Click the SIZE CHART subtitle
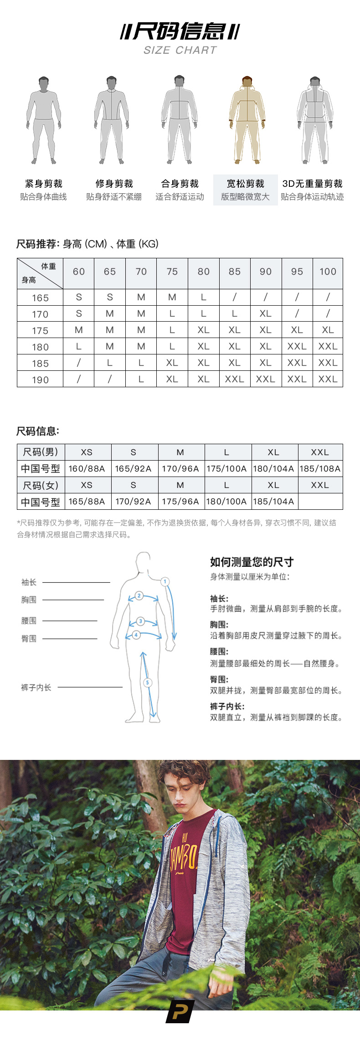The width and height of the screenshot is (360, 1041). pos(180,50)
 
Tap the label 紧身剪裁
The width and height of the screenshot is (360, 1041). pos(44,184)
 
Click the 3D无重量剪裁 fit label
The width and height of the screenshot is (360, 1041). pos(312,184)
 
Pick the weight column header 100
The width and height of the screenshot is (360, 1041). pos(328,272)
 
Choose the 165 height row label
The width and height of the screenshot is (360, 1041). pos(40,298)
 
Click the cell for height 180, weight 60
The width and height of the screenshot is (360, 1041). pos(79,347)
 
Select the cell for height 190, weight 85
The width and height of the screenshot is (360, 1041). pos(235,379)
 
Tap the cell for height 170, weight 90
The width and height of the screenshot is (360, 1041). pos(266,314)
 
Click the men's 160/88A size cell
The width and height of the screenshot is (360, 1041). pos(87,469)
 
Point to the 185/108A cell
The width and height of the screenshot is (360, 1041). pos(320,469)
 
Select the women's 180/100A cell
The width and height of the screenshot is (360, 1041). pos(226,502)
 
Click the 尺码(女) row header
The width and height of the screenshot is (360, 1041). pos(41,485)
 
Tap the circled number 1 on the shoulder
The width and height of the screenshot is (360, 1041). pos(165,582)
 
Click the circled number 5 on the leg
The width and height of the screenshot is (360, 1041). pos(147,682)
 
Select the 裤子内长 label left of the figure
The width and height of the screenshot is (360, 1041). pos(36,687)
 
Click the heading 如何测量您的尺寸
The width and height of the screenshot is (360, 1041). pos(252,562)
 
